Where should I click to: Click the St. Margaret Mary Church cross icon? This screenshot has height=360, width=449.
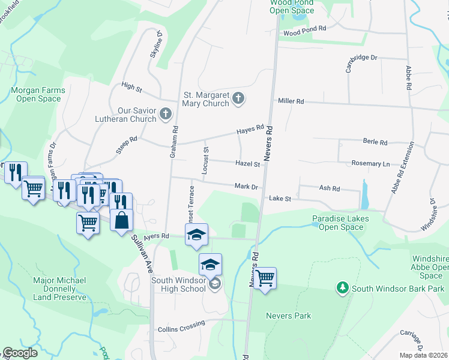[238, 98]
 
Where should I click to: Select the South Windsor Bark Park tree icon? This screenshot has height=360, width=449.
[343, 289]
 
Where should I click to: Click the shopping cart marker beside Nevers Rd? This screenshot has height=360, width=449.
[264, 278]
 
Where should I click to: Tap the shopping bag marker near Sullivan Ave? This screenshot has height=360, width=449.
[122, 220]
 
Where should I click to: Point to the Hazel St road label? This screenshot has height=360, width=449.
[247, 164]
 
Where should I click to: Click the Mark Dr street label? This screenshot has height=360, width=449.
[246, 187]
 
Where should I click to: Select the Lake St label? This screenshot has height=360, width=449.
[280, 198]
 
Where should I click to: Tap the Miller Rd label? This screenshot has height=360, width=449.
[291, 101]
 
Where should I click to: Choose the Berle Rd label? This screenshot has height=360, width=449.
[375, 142]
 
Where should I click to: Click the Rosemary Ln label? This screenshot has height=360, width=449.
[370, 163]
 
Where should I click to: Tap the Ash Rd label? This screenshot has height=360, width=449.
[330, 188]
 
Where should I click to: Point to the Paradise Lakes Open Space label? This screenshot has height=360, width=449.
[340, 223]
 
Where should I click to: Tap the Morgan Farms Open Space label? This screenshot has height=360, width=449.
[37, 94]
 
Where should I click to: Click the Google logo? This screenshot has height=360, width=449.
[20, 353]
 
